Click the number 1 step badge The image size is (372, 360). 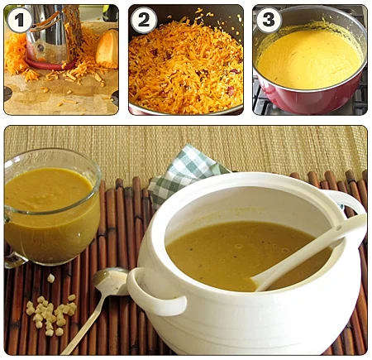pyautogui.click(x=19, y=20)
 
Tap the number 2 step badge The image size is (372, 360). pyautogui.click(x=144, y=20)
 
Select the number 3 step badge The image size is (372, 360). pyautogui.click(x=269, y=20)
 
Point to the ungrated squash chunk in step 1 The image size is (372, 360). pyautogui.click(x=107, y=50)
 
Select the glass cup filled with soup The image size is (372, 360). pyautogui.click(x=51, y=207)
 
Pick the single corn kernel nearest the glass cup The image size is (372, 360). pyautogui.click(x=50, y=278)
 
